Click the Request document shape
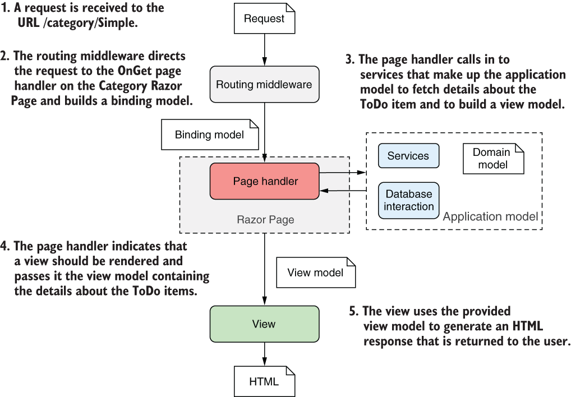tap(264, 19)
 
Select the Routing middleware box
tap(264, 85)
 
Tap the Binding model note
tap(210, 135)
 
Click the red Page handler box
tap(264, 181)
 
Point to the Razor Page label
tap(265, 220)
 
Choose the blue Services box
tap(408, 156)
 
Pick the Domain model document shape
tap(494, 159)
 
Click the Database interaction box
tap(408, 201)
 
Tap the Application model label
tap(490, 217)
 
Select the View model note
tap(316, 273)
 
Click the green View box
tap(264, 324)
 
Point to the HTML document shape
tap(264, 381)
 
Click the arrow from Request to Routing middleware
tap(264, 50)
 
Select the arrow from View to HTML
tap(264, 354)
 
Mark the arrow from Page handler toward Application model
tap(343, 172)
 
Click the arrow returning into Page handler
tap(343, 190)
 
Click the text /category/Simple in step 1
tap(90, 23)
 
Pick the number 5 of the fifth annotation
tap(353, 311)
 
